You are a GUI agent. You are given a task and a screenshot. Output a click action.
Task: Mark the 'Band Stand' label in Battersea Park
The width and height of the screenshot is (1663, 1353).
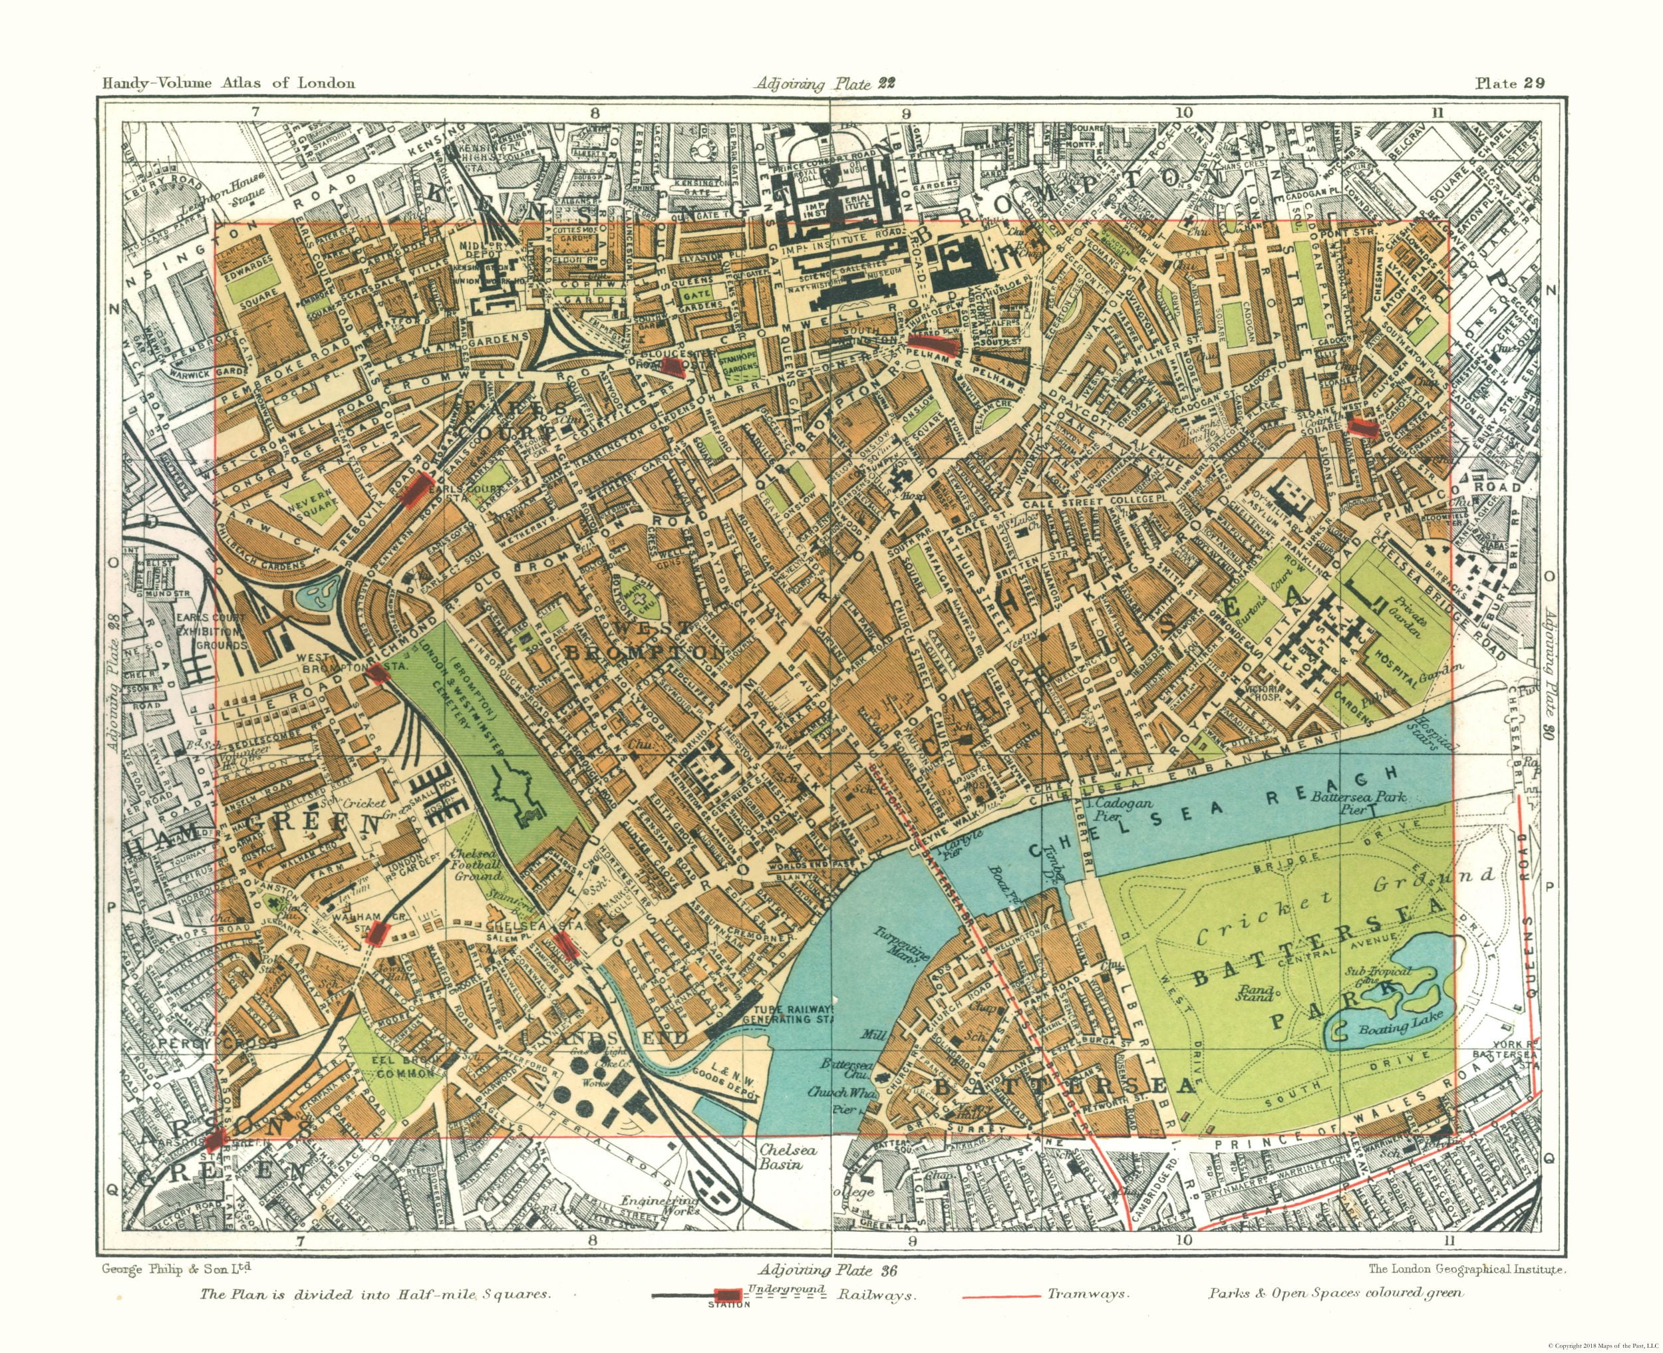pyautogui.click(x=1254, y=990)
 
